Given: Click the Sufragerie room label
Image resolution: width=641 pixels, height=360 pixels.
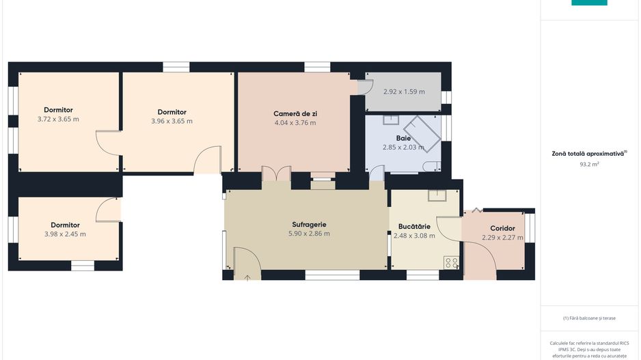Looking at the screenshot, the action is pos(309,224).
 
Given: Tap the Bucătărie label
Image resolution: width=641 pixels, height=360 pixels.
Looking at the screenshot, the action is pos(414,226).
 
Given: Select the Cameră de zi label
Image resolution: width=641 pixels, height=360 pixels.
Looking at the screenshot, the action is pos(295,113).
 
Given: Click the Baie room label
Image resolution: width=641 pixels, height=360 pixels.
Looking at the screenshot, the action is pos(403,138).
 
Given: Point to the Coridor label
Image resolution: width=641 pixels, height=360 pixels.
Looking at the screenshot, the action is pos(502,228).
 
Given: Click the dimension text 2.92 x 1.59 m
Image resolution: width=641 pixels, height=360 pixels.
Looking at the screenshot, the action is pos(404,92).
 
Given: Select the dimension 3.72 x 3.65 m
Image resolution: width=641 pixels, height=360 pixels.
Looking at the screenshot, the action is pos(58,120).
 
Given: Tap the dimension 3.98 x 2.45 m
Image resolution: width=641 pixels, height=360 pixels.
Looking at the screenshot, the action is pos(65,234).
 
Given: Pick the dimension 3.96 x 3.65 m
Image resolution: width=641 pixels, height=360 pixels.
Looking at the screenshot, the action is pos(172,121).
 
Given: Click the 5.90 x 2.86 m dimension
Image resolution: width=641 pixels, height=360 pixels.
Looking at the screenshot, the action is pos(309,234).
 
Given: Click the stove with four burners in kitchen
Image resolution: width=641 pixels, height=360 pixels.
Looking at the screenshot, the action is pos(451,263).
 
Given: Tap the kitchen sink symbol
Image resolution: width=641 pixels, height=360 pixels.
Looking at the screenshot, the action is pos(437,195).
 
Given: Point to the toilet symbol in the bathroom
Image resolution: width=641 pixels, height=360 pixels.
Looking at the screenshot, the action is pos(432,166).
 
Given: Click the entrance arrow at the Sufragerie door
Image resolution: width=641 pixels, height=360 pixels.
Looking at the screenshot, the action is pos(247,278).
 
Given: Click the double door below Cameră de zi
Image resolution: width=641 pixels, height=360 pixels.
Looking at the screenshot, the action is pos(276,174).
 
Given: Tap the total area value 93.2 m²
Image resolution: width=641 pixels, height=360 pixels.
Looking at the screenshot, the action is pos(589,164).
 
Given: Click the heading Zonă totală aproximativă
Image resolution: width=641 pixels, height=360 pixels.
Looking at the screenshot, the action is pos(588,154).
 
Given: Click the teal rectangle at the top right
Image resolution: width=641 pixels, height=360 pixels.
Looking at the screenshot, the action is pos(589,3).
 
